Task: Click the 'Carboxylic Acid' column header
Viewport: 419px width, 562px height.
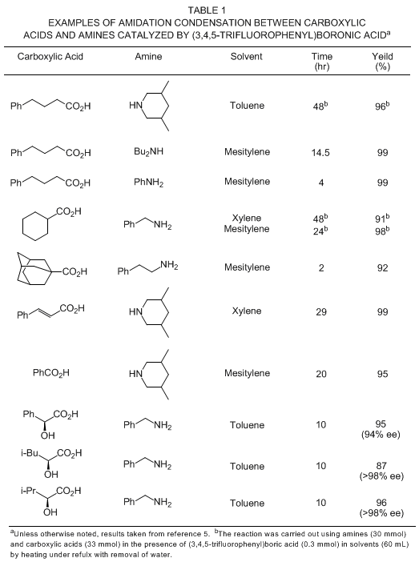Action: (x=50, y=57)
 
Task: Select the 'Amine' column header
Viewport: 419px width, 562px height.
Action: (x=148, y=57)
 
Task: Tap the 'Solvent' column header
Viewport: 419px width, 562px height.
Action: (x=247, y=57)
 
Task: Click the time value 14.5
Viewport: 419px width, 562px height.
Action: (x=320, y=153)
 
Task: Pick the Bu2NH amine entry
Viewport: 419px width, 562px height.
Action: (x=148, y=151)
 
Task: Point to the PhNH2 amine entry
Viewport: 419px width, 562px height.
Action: (x=148, y=183)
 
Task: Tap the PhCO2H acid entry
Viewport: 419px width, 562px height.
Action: (x=51, y=373)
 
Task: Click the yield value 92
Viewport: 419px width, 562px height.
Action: (x=382, y=268)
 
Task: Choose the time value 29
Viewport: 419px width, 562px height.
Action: (x=321, y=312)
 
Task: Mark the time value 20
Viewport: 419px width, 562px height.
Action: (x=321, y=374)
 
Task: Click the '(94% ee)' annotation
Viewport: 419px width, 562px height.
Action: (x=381, y=435)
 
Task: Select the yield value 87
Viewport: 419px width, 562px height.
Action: (x=381, y=466)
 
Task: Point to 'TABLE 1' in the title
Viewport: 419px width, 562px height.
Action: (x=207, y=10)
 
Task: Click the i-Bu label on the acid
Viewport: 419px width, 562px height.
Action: (x=30, y=453)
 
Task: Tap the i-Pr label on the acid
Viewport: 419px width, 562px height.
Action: (x=28, y=490)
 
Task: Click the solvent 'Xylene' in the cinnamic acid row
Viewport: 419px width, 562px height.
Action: (x=247, y=311)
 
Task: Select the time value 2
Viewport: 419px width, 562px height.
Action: (x=321, y=268)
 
